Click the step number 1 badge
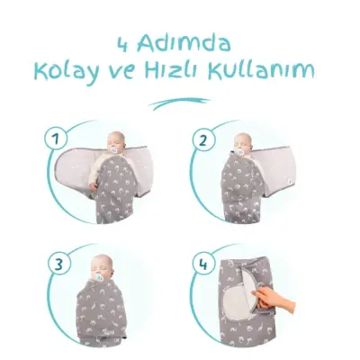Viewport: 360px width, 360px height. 56,139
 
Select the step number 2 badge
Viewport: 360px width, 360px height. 203,139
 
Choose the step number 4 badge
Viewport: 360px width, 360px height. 203,266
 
